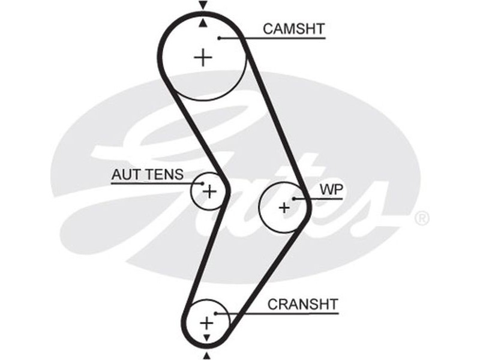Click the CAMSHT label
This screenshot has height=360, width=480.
point(294,28)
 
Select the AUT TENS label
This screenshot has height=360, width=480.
point(148,175)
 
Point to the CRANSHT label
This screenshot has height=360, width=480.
point(303,304)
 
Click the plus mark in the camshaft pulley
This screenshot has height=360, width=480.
point(204,57)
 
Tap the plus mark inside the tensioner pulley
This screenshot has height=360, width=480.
point(209,191)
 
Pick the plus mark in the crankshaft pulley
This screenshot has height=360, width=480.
point(206,323)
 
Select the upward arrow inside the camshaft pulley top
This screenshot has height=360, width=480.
point(203,23)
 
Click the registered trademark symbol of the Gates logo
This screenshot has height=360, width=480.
point(422,218)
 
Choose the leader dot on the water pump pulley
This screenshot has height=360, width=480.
point(294,198)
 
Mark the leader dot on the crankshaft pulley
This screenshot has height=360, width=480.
point(214,313)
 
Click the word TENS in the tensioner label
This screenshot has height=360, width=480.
point(167,175)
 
